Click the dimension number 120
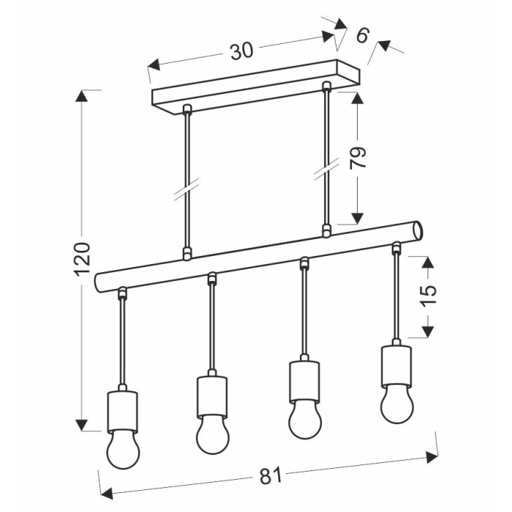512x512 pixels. click(x=82, y=259)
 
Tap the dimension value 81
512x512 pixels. click(x=271, y=476)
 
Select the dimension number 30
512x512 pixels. click(x=241, y=51)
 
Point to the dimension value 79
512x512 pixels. click(x=357, y=158)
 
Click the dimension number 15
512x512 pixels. click(x=429, y=295)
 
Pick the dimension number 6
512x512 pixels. click(x=363, y=35)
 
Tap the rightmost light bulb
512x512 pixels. click(x=396, y=404)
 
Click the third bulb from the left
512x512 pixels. click(x=305, y=420)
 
